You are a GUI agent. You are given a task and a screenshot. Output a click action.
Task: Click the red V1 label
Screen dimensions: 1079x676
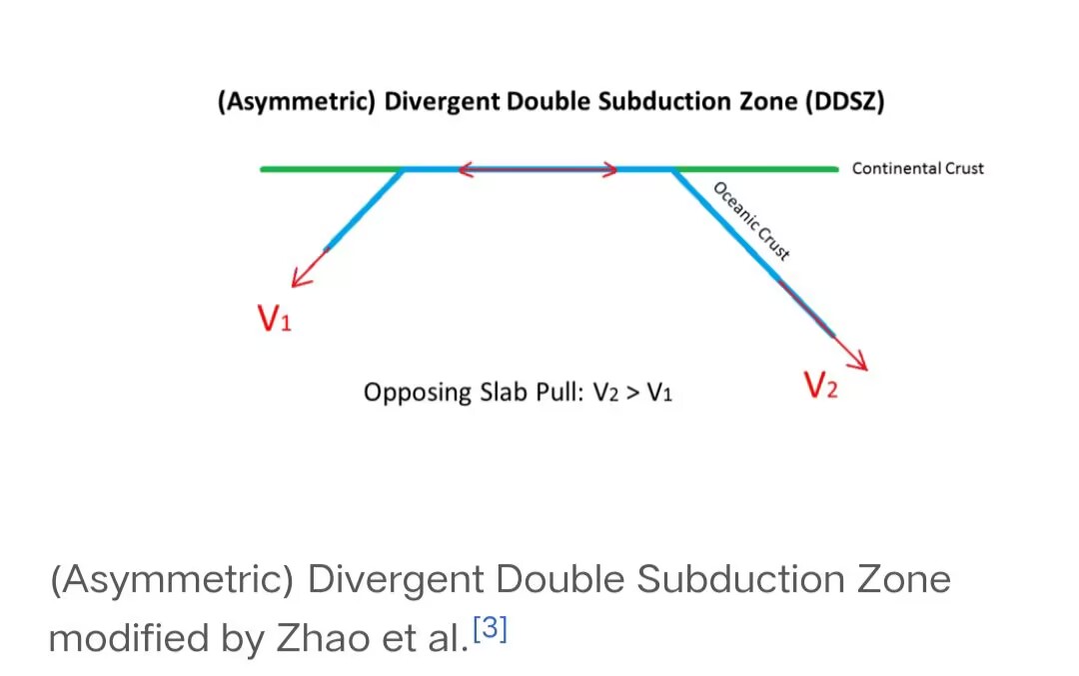[x=275, y=318]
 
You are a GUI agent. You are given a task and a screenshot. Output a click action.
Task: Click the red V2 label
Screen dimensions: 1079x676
[x=821, y=385]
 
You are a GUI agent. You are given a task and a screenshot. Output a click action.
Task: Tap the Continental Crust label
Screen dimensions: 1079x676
[x=918, y=168]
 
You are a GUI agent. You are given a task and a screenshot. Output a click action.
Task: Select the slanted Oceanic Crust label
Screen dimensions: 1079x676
[x=750, y=221]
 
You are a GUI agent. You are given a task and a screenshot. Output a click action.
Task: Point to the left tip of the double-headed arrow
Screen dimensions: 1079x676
[x=459, y=169]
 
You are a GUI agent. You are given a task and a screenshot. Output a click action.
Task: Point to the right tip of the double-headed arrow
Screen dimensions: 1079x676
[x=617, y=169]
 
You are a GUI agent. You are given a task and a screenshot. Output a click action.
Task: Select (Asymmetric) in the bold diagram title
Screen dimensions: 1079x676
[x=297, y=101]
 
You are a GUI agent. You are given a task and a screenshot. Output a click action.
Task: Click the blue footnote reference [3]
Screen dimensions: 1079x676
[x=490, y=628]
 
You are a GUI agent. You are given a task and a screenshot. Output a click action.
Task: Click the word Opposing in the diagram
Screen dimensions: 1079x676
[x=418, y=392]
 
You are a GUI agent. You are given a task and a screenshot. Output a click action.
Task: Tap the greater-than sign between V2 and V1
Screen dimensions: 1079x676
[x=633, y=393]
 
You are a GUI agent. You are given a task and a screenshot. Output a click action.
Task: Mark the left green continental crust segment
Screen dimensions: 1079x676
[x=332, y=169]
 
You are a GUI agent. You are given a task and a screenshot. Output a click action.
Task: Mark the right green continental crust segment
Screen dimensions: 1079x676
[x=755, y=169]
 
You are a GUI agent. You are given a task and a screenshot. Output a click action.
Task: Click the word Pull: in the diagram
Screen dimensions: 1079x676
[x=560, y=392]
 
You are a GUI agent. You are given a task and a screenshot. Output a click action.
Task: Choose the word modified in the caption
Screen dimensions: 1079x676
[x=129, y=638]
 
